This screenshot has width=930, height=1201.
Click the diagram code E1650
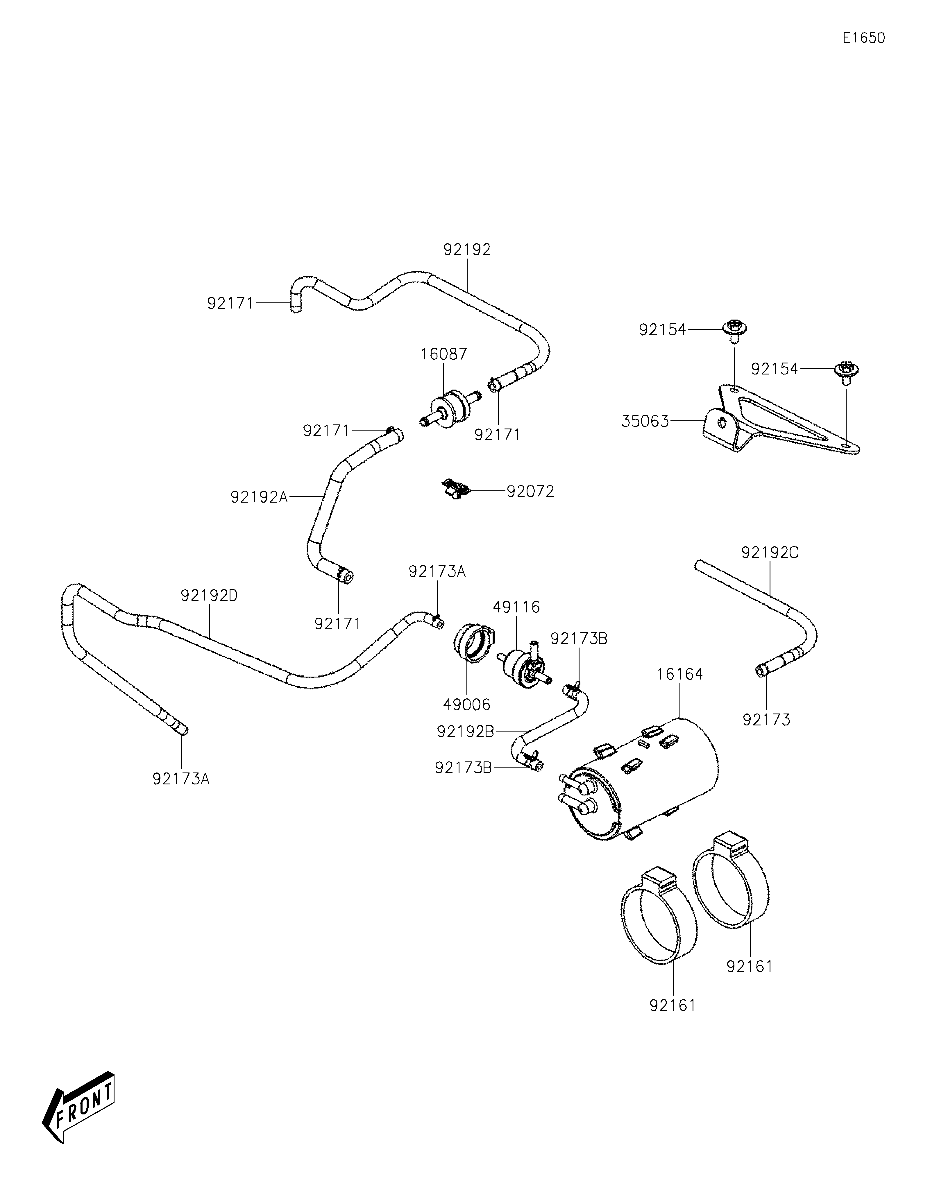863,38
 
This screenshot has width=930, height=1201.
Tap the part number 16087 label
444,354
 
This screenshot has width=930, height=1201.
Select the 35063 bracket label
645,421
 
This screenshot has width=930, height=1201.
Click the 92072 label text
530,491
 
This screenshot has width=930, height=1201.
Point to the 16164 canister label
680,674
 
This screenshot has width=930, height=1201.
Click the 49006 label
467,705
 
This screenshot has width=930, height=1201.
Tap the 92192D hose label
209,596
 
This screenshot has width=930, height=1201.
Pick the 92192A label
259,497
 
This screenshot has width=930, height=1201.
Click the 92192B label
465,732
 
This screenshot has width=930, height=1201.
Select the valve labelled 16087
450,410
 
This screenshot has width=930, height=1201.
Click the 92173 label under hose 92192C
766,720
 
